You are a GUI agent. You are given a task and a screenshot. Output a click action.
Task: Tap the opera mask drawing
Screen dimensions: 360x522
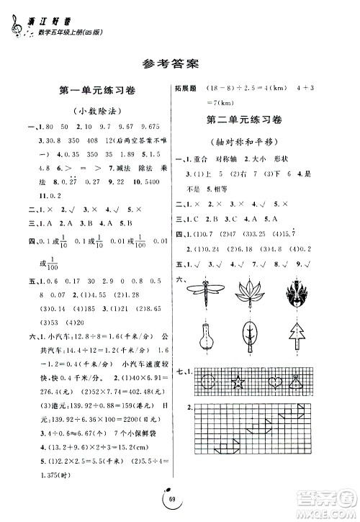pyautogui.click(x=297, y=295)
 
